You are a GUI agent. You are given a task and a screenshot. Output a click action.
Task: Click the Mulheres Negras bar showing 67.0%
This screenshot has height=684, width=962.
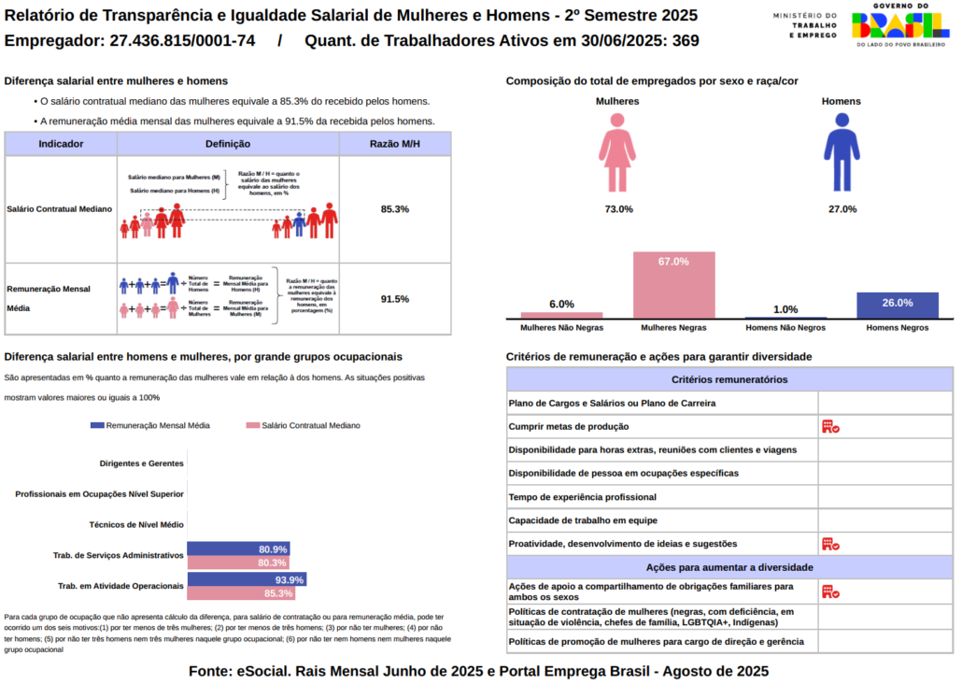pyautogui.click(x=673, y=285)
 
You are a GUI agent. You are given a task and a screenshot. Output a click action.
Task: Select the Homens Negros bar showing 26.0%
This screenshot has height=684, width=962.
pyautogui.click(x=897, y=306)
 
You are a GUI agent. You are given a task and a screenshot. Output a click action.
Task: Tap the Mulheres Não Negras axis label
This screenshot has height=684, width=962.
pyautogui.click(x=561, y=328)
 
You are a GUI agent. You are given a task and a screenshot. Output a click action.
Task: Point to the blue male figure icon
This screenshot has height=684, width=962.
pyautogui.click(x=842, y=152)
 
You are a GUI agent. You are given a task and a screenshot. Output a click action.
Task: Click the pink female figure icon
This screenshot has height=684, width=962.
pyautogui.click(x=617, y=152)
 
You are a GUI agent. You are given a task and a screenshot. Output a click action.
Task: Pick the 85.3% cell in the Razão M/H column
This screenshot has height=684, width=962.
pyautogui.click(x=395, y=209)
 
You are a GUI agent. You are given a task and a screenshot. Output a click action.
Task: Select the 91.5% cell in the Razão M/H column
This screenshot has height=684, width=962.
pyautogui.click(x=395, y=299)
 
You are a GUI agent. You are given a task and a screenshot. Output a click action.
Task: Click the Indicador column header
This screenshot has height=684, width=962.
pyautogui.click(x=61, y=144)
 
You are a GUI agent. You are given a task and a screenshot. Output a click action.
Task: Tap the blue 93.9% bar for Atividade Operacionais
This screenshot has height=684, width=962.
pyautogui.click(x=247, y=579)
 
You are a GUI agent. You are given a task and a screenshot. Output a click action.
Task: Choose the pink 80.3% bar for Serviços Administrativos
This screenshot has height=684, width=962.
pyautogui.click(x=238, y=563)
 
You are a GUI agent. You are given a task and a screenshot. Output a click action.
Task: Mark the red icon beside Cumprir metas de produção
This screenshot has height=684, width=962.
pyautogui.click(x=829, y=427)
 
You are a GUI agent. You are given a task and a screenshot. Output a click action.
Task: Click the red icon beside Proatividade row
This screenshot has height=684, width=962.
pyautogui.click(x=829, y=544)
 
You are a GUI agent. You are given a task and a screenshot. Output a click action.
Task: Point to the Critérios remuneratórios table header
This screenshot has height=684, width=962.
pyautogui.click(x=729, y=379)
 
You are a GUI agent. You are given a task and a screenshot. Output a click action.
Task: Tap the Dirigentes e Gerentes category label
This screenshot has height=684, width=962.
pyautogui.click(x=141, y=463)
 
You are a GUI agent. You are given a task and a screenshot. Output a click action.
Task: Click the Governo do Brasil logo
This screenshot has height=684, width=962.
pyautogui.click(x=900, y=25)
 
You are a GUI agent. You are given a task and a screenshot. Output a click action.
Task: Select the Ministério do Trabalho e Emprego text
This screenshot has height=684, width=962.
pyautogui.click(x=804, y=25)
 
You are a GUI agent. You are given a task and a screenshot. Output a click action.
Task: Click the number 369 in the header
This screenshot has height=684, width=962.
pyautogui.click(x=686, y=41)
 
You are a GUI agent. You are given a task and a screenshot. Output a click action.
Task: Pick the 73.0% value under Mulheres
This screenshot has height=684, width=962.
pyautogui.click(x=618, y=209)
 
